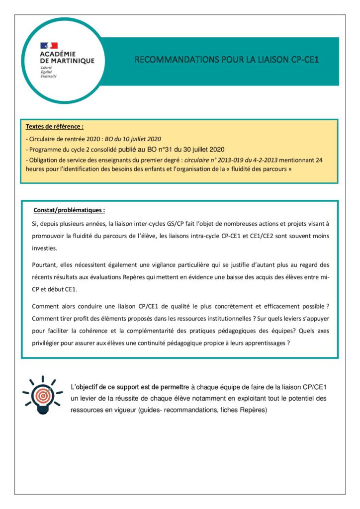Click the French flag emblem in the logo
[x=49, y=45]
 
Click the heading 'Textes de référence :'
[x=54, y=127]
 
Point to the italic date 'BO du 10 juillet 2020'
[x=133, y=139]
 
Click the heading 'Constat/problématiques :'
[x=69, y=210]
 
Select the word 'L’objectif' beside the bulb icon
[x=86, y=387]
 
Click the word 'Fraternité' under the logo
[x=49, y=76]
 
